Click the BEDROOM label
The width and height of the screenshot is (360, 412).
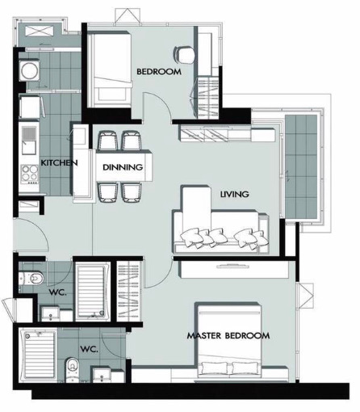coord(159,72)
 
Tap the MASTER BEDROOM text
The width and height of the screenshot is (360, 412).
coord(228,336)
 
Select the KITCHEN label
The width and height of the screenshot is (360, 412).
coord(59,162)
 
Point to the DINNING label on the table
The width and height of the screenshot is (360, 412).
coord(123,167)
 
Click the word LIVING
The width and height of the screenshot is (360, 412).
coord(234,194)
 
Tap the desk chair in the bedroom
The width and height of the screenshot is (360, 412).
coord(183,55)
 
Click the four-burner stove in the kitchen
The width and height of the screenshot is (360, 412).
coord(30,174)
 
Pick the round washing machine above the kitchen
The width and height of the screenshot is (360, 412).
coord(29,70)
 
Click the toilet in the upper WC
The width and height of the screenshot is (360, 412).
coord(31,278)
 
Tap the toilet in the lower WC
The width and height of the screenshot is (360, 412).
coord(73,369)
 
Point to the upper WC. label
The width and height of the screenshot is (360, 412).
coord(57,292)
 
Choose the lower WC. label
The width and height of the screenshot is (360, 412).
coord(89,349)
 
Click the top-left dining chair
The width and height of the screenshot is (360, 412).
coord(108,141)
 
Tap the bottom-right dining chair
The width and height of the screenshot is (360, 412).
coord(132,192)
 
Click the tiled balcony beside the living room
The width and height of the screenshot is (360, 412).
coord(301,167)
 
